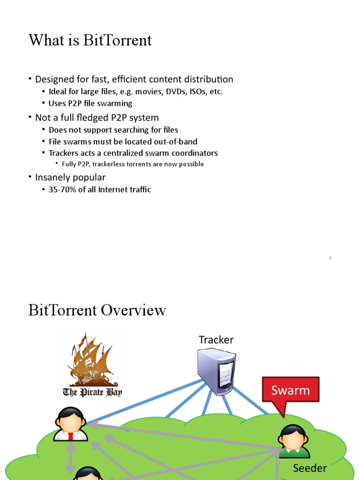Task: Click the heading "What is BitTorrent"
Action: pos(90,40)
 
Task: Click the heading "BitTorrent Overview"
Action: pos(97,310)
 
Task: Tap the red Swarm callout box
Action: pos(291,390)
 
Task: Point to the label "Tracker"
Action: pos(216,339)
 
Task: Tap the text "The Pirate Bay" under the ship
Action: pos(92,392)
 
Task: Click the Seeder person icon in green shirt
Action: pos(293,441)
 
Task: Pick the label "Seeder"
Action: pos(310,468)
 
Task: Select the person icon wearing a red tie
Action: pos(71,424)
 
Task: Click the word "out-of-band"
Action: pos(176,142)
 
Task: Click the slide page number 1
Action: pos(330,258)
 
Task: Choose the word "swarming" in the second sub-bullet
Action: pos(117,104)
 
